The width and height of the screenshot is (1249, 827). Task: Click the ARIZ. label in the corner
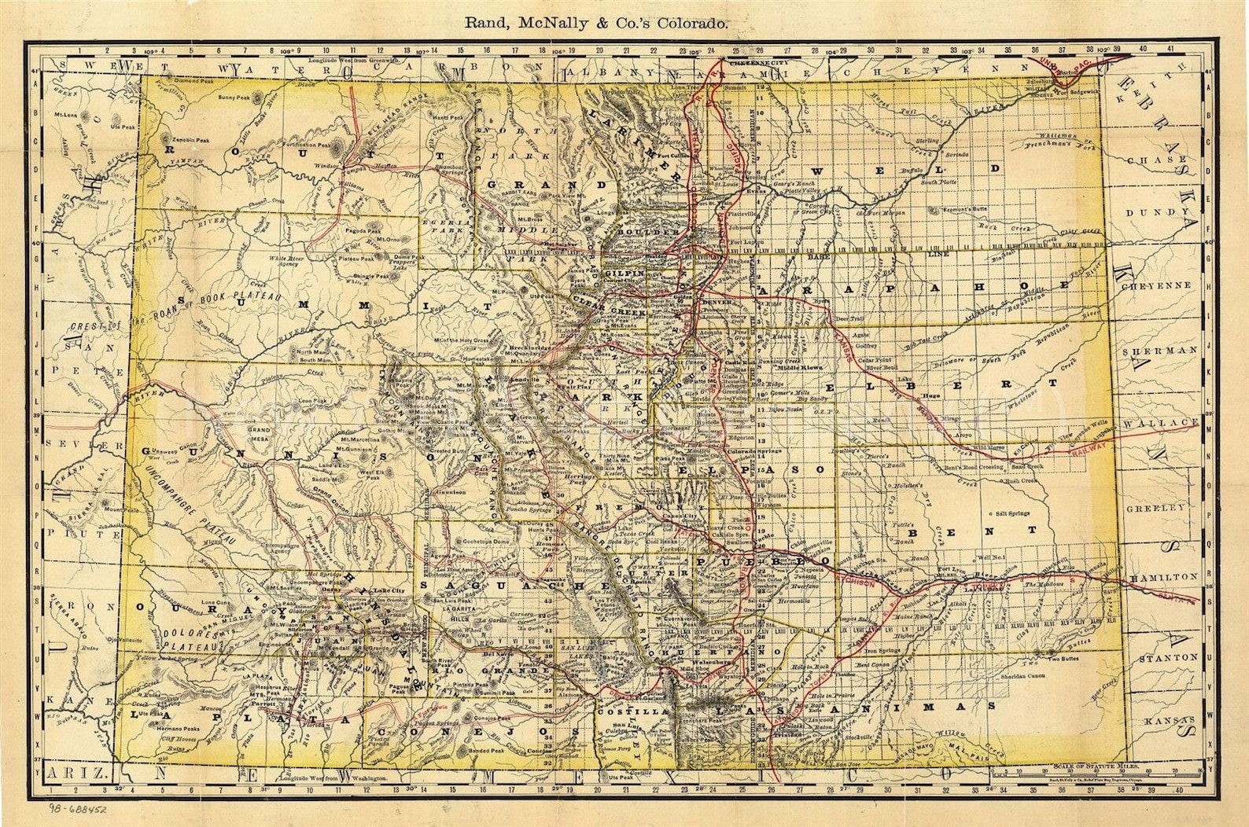click(77, 774)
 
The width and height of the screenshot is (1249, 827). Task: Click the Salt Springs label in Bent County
click(1012, 513)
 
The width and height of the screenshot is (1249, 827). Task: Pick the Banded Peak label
click(485, 750)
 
